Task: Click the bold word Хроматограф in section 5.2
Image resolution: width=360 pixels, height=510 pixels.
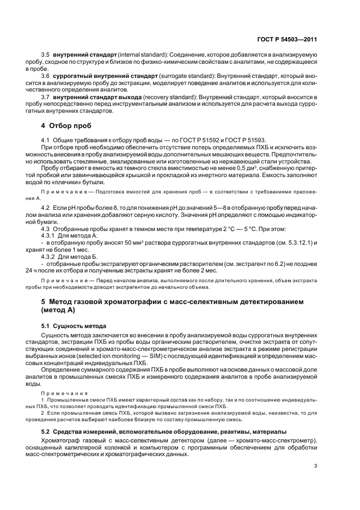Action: click(63, 440)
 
